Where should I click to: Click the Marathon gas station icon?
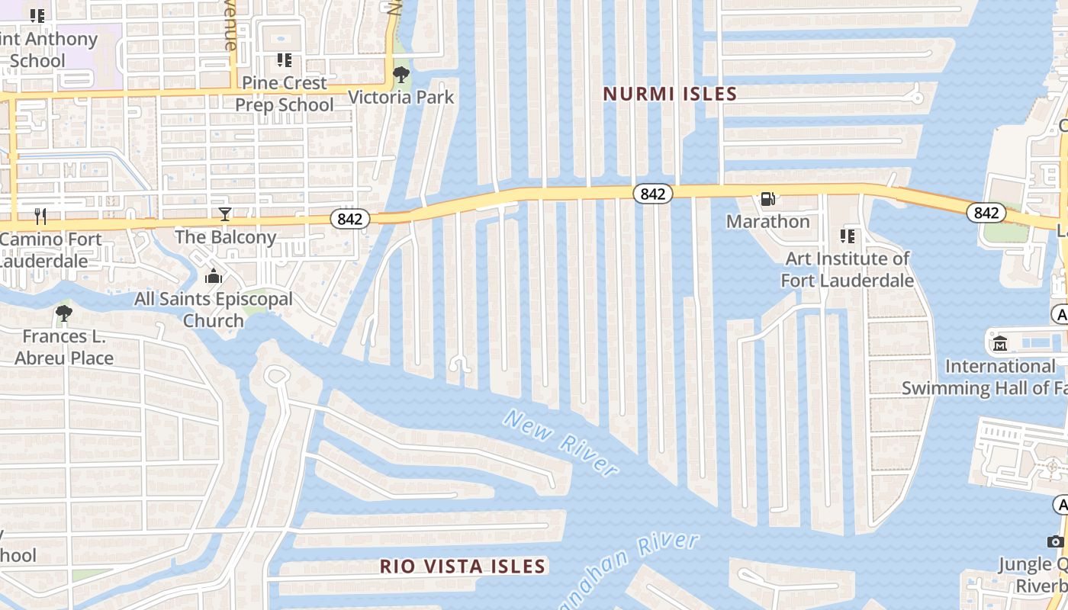(767, 199)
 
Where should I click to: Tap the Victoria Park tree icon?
(400, 75)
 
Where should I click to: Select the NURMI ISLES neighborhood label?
(670, 94)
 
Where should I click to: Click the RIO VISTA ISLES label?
(463, 567)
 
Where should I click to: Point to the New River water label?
(561, 442)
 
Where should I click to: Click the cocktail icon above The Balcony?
(225, 214)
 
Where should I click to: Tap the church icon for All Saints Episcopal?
(214, 276)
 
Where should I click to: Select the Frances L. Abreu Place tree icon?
(64, 313)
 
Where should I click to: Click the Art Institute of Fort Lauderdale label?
(847, 269)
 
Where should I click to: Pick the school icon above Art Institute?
(847, 236)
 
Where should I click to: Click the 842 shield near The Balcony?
(350, 219)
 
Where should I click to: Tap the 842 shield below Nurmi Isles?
(652, 194)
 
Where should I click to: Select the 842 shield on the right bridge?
(986, 213)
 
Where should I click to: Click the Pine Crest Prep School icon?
(285, 59)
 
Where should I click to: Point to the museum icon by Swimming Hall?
(1000, 344)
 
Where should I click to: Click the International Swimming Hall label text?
(999, 377)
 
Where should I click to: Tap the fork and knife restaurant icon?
(40, 217)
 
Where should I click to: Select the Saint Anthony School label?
(46, 49)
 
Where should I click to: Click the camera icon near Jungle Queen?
(1055, 541)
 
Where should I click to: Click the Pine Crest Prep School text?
(285, 93)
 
